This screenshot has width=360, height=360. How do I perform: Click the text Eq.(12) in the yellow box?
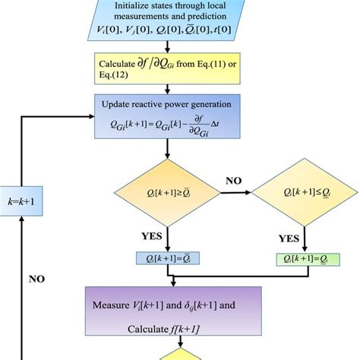112,73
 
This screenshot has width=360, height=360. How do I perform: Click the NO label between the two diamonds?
233,182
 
